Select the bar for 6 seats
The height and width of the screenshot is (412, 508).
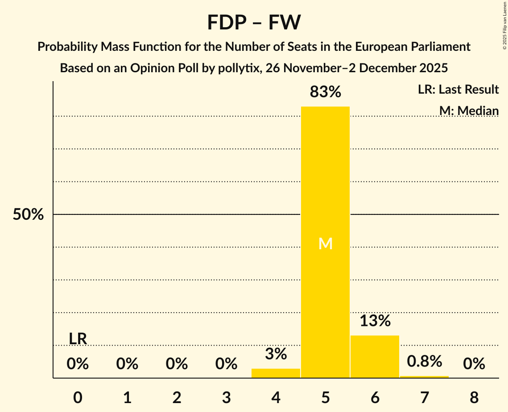[x=375, y=357]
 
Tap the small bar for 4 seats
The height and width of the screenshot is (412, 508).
[x=276, y=373]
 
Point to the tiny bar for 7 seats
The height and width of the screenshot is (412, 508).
[x=424, y=377]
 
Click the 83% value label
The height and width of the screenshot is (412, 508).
[x=325, y=92]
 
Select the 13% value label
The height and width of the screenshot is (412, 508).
[x=375, y=321]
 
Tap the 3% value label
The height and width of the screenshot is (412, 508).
[x=276, y=354]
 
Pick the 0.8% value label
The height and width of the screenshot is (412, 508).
[x=424, y=361]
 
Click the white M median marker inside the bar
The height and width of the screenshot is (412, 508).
[x=325, y=243]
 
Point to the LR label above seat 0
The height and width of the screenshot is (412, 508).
[x=78, y=339]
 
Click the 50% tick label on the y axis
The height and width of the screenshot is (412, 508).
[x=28, y=214]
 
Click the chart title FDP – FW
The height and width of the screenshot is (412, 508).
[x=254, y=22]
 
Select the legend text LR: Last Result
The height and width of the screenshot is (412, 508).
[x=458, y=90]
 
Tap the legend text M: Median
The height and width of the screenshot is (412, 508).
[x=469, y=111]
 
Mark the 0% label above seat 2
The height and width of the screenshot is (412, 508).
[x=177, y=364]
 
